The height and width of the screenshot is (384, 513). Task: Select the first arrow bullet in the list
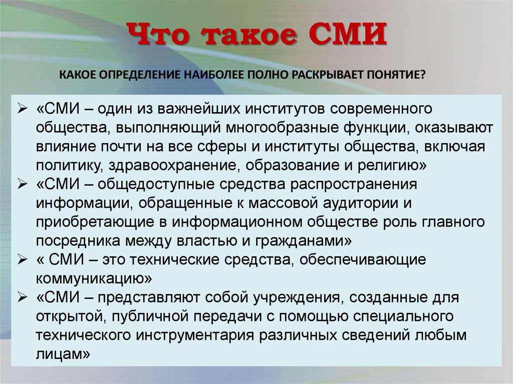[23, 109]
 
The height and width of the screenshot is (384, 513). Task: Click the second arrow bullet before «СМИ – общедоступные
[23, 184]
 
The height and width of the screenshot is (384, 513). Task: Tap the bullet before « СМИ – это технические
[23, 260]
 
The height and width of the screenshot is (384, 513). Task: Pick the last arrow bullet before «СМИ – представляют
[23, 297]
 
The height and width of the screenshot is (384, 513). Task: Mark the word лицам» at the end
[63, 354]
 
